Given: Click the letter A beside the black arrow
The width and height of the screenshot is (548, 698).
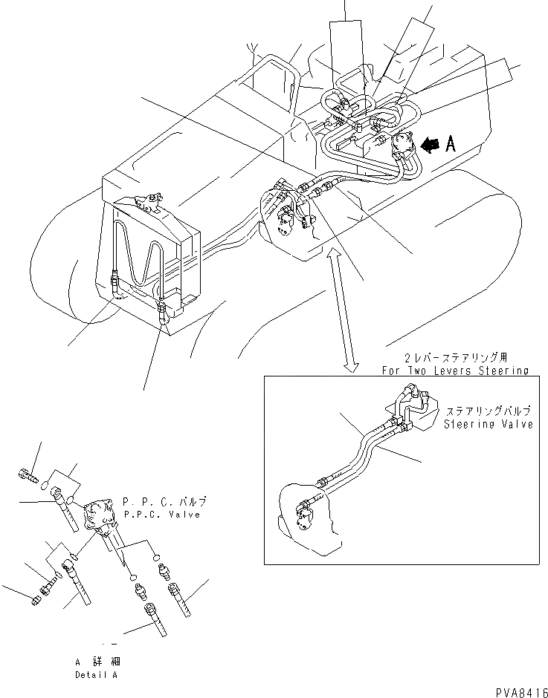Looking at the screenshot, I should (450, 146).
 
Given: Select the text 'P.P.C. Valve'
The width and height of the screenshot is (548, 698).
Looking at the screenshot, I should (162, 514).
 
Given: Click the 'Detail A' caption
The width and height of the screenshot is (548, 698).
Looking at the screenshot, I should (96, 675).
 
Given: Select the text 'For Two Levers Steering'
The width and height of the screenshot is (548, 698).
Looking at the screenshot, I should (454, 370).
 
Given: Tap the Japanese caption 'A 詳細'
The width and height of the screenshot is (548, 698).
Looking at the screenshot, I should (96, 660).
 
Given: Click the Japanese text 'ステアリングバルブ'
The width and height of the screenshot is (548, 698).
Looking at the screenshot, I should (488, 411).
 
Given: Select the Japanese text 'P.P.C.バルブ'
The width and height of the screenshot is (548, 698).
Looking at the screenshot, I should (165, 501).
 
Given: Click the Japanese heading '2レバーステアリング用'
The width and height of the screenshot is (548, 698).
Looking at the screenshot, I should (454, 357).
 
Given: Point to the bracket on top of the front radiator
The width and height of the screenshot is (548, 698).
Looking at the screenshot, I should (150, 202).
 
